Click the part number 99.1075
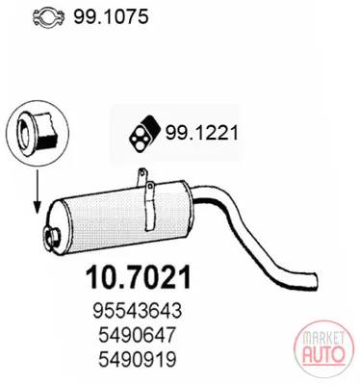(x=111, y=16)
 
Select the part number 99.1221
(x=202, y=133)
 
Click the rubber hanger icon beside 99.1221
(x=142, y=133)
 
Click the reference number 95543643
(x=138, y=311)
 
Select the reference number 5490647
(x=138, y=335)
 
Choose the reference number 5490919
(x=138, y=360)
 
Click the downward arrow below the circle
(x=38, y=192)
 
